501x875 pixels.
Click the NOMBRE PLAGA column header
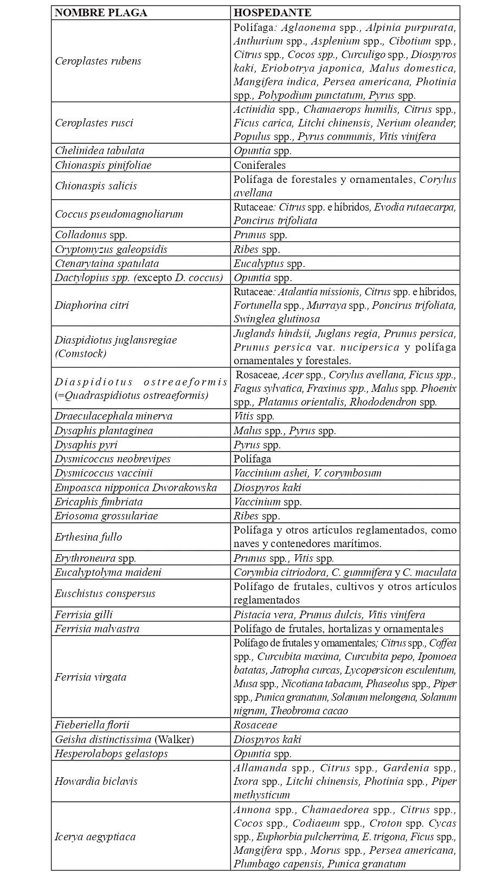tap(101, 13)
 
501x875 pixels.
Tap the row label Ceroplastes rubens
tap(98, 61)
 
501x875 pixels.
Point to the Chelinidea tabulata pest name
tap(100, 150)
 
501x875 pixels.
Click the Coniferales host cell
tap(260, 165)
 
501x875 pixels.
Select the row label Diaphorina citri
tap(92, 305)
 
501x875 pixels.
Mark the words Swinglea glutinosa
tap(277, 319)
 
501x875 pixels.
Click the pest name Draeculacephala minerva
tap(114, 416)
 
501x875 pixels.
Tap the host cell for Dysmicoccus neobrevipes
tap(253, 459)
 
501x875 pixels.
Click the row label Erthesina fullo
tap(88, 537)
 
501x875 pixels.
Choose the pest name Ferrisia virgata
tap(91, 677)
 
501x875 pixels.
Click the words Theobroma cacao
tap(309, 711)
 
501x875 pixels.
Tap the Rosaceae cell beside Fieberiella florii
tap(255, 725)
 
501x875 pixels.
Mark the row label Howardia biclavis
tap(96, 782)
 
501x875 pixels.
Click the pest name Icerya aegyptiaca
tap(95, 837)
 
